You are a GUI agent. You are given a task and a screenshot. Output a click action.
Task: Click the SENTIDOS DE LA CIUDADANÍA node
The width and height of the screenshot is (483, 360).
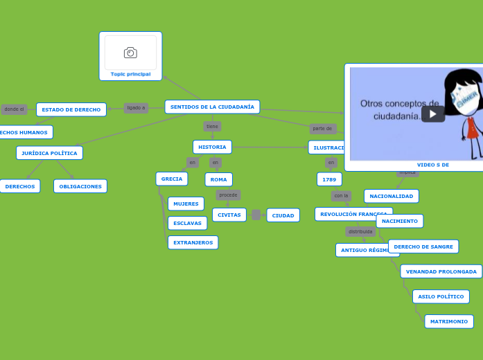click(x=212, y=107)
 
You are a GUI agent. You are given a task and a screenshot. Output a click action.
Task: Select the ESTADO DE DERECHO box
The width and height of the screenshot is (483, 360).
click(x=71, y=109)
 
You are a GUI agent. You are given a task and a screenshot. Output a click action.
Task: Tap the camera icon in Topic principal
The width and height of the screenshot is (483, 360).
click(x=130, y=53)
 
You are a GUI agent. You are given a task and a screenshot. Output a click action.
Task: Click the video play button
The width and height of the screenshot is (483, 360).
click(x=433, y=114)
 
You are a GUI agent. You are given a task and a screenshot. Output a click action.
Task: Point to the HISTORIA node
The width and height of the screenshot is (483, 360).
click(x=212, y=147)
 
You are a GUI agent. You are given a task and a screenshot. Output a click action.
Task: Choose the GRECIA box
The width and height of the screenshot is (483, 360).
click(x=172, y=179)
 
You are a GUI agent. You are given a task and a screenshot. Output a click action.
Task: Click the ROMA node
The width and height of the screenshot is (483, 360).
click(x=219, y=179)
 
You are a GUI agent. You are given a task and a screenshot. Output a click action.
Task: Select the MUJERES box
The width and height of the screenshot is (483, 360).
click(x=186, y=204)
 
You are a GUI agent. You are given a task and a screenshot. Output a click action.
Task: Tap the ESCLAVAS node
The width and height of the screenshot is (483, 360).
click(x=187, y=223)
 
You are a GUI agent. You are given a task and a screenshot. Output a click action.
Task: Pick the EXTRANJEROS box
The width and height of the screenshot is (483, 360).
click(x=193, y=242)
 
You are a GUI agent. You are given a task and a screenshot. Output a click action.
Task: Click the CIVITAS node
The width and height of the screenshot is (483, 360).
click(x=229, y=215)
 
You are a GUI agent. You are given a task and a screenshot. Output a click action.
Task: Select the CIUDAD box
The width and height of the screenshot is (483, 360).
click(x=283, y=215)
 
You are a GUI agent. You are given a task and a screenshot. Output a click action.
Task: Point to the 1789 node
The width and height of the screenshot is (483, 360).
click(x=329, y=179)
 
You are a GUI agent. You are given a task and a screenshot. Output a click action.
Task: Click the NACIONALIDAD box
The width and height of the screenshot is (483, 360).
click(x=391, y=196)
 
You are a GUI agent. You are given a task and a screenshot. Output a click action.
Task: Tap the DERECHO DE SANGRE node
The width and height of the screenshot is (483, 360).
click(x=423, y=246)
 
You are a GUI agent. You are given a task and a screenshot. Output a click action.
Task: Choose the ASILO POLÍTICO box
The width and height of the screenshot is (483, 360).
click(x=441, y=296)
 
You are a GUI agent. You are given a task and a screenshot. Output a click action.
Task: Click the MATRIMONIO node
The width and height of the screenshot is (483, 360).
click(x=448, y=321)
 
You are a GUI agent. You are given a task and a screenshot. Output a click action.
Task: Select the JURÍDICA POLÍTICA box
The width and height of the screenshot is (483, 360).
click(x=49, y=153)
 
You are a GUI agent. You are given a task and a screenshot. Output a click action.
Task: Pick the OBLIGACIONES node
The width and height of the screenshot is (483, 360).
click(x=80, y=186)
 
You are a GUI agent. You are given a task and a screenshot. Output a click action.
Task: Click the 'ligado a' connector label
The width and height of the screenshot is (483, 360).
click(x=136, y=108)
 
